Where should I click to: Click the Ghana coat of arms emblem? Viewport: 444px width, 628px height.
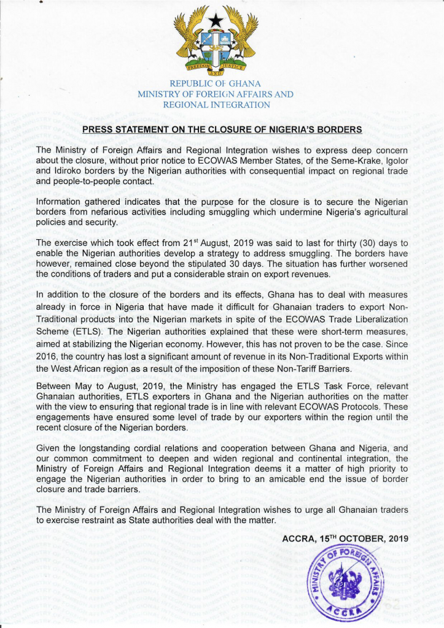(216, 40)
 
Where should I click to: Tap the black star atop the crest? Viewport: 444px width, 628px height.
(216, 20)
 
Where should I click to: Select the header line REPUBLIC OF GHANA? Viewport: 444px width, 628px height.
(216, 83)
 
